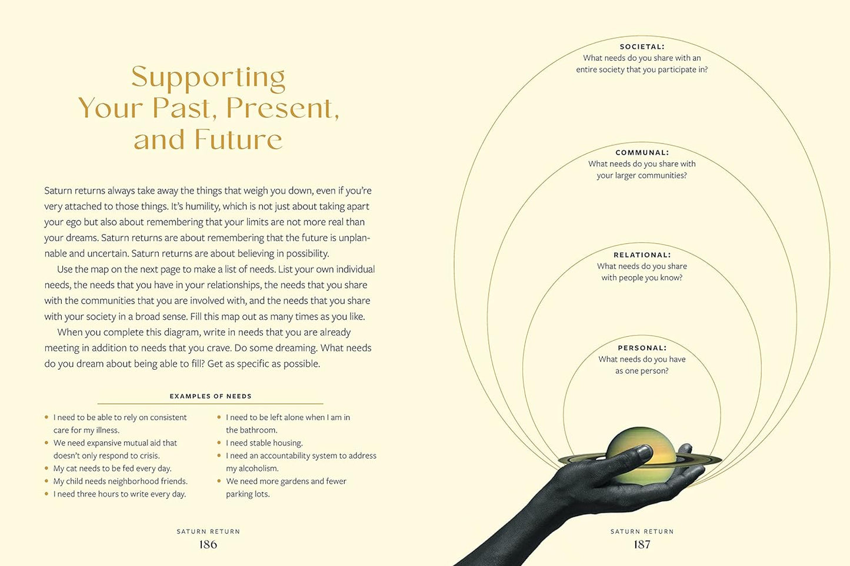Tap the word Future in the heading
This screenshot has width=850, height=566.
239,139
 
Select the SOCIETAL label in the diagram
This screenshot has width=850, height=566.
642,46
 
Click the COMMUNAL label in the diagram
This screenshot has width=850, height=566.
642,152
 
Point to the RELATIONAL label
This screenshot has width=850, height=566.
642,254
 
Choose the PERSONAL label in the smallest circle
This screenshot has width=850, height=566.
642,347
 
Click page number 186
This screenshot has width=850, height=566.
208,544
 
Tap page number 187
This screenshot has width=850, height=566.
642,544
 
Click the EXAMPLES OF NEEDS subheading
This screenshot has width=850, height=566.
211,396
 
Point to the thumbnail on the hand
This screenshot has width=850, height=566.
644,452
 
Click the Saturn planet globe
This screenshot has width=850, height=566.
641,455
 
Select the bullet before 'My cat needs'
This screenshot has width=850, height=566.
46,468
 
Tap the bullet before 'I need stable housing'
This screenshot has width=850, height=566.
219,443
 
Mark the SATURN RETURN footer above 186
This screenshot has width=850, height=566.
208,531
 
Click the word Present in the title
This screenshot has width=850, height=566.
283,108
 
